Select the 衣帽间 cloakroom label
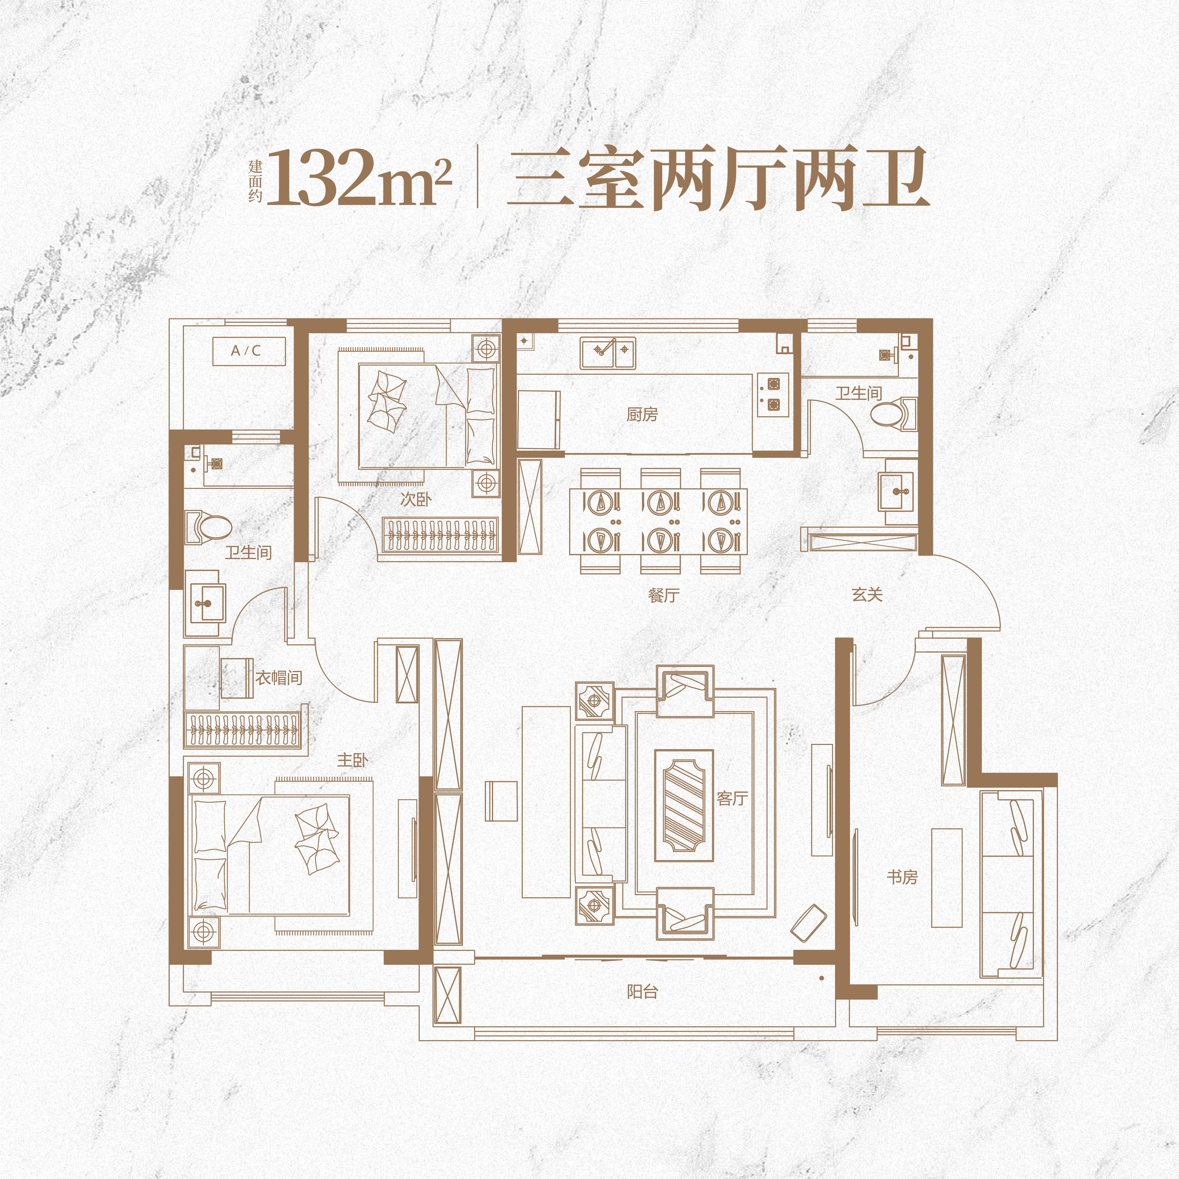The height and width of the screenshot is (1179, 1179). pos(279,677)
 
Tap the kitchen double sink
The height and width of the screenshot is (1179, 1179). pos(608,353)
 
